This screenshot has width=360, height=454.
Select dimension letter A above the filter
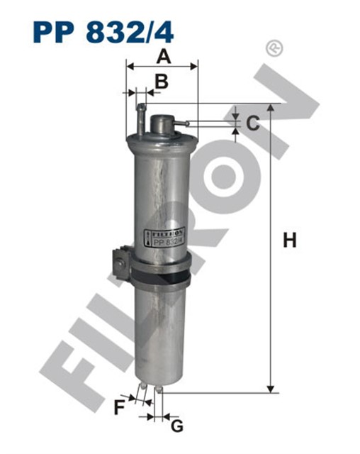pos(164,56)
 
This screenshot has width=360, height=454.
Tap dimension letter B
pos(162,82)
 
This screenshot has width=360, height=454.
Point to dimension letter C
pos(253,123)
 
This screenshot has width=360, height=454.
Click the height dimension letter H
pos(289,241)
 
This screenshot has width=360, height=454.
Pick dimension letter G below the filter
pos(177,426)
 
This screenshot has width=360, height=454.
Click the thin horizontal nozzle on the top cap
pos(182,125)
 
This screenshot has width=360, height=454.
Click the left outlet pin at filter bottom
pos(145,388)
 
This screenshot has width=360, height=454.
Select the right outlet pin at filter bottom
pos(162,389)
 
